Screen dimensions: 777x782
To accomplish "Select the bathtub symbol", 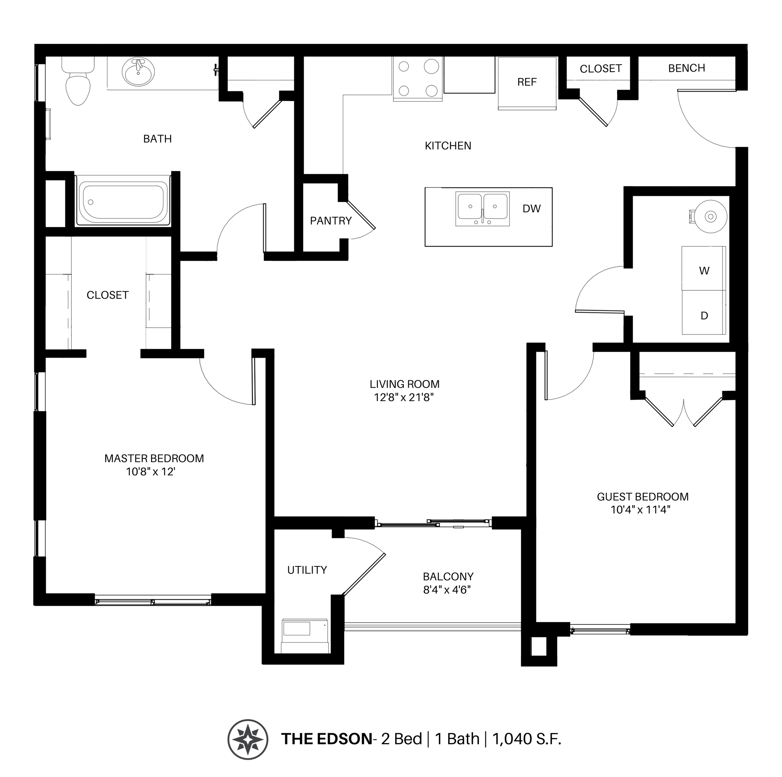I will coord(123,202).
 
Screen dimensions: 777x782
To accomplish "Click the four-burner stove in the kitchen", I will coord(417,79).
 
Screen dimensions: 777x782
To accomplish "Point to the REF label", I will coord(527,82).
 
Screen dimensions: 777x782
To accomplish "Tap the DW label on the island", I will coord(531,209).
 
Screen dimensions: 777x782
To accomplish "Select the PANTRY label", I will coord(331,221).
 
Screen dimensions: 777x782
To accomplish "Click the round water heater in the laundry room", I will coord(710,217).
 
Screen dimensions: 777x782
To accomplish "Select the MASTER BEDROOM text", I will coord(154,458).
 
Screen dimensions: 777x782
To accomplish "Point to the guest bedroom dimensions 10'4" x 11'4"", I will coord(640,509).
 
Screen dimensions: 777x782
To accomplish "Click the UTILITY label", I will coord(307,570).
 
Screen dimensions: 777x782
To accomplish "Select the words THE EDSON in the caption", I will coord(326,739).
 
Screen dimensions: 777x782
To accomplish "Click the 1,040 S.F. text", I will coord(527,739).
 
